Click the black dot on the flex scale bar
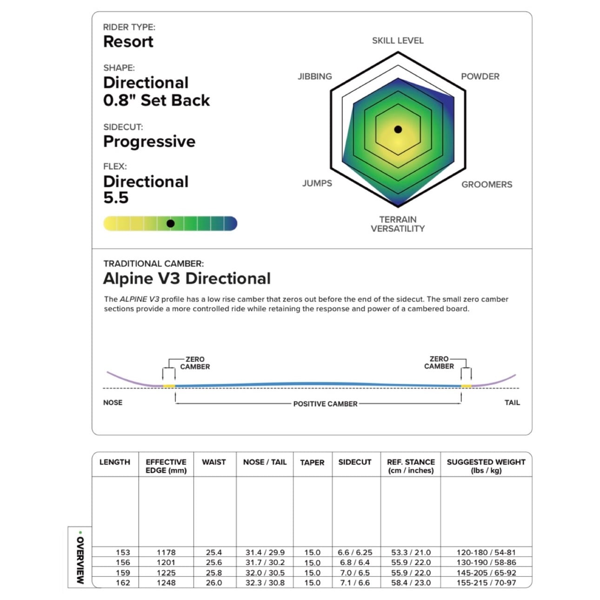pyautogui.click(x=170, y=224)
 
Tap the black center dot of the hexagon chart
pyautogui.click(x=398, y=129)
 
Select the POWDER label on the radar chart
pyautogui.click(x=480, y=77)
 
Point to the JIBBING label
pyautogui.click(x=315, y=77)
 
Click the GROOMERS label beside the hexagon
pyautogui.click(x=487, y=185)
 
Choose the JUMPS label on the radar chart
pyautogui.click(x=317, y=183)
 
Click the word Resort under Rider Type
pyautogui.click(x=128, y=42)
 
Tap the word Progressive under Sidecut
pyautogui.click(x=149, y=142)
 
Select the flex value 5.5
pyautogui.click(x=116, y=198)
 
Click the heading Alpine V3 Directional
pyautogui.click(x=187, y=278)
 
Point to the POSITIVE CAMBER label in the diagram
pyautogui.click(x=326, y=404)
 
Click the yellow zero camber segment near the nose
pyautogui.click(x=169, y=386)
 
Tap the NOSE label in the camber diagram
pyautogui.click(x=113, y=403)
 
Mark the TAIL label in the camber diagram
pyautogui.click(x=512, y=403)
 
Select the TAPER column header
pyautogui.click(x=312, y=463)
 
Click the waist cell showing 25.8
pyautogui.click(x=214, y=573)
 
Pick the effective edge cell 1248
pyautogui.click(x=166, y=583)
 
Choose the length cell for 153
pyautogui.click(x=123, y=553)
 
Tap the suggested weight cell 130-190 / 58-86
pyautogui.click(x=487, y=563)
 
